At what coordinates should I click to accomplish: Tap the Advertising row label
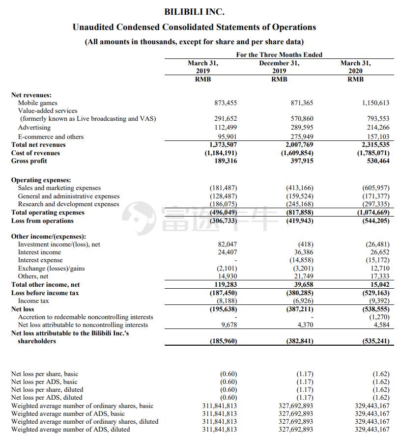click(34, 128)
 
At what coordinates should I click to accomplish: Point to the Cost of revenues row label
click(35, 153)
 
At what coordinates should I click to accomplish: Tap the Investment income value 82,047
click(227, 245)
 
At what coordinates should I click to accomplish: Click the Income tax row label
click(33, 301)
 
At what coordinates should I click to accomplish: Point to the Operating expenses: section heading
click(41, 180)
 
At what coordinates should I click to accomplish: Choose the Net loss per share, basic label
click(44, 374)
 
